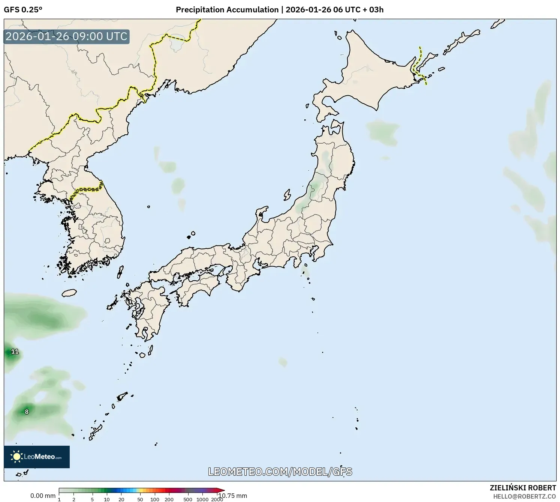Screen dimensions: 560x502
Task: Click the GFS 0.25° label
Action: pos(23,10)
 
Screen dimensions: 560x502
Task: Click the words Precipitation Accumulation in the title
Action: pos(227,10)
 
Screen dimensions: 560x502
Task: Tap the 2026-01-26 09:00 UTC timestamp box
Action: pos(67,36)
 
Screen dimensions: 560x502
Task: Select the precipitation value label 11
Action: pos(15,352)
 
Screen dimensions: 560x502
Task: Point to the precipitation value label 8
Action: pos(27,412)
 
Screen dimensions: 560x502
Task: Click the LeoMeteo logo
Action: pos(37,457)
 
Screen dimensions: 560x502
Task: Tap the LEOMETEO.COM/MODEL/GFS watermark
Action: pos(280,472)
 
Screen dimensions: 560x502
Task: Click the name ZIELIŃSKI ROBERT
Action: pos(523,488)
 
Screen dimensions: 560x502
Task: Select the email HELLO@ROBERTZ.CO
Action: pos(524,496)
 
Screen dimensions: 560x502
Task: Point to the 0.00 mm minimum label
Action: pos(43,496)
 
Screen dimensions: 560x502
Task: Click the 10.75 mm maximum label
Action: pos(233,496)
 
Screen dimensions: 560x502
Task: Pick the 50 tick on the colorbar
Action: pos(140,499)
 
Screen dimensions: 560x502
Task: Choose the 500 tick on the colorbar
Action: pos(188,499)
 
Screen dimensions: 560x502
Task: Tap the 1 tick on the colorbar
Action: pos(59,499)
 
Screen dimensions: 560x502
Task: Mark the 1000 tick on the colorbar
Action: pos(203,499)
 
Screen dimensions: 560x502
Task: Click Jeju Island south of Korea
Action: pos(69,293)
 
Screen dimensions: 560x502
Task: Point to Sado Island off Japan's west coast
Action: pos(287,195)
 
